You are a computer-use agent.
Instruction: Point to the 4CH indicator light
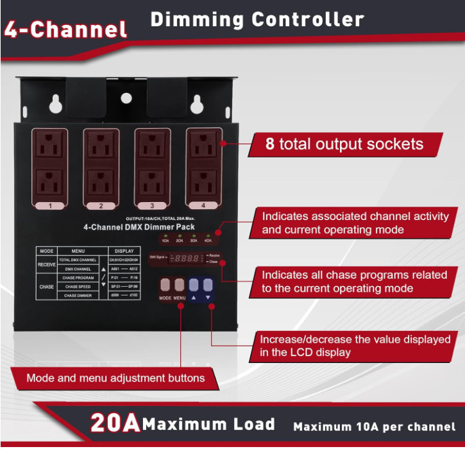pyautogui.click(x=208, y=237)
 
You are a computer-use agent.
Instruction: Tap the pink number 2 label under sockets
pyautogui.click(x=101, y=206)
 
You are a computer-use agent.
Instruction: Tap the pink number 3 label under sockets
pyautogui.click(x=152, y=206)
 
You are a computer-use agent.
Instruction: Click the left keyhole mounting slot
pyautogui.click(x=56, y=103)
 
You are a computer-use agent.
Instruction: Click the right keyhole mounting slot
pyautogui.click(x=196, y=103)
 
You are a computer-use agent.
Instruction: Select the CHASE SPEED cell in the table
pyautogui.click(x=78, y=287)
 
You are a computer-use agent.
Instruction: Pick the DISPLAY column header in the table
pyautogui.click(x=124, y=251)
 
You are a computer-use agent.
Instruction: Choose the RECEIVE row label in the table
pyautogui.click(x=46, y=264)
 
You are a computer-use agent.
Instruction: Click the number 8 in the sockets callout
pyautogui.click(x=270, y=144)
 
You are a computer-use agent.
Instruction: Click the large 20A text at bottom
pyautogui.click(x=115, y=423)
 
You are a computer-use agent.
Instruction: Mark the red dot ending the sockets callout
pyautogui.click(x=223, y=144)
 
